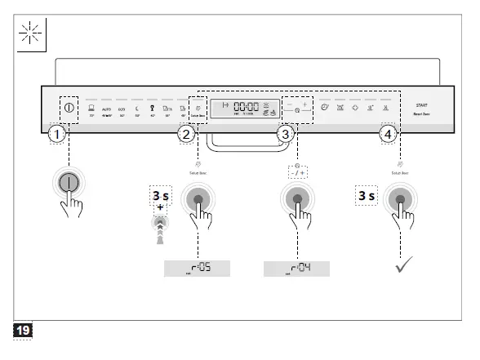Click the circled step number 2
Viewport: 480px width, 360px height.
point(186,134)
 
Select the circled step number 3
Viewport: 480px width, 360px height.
point(285,133)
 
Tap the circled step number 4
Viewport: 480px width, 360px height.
point(388,133)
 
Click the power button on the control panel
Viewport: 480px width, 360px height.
point(69,107)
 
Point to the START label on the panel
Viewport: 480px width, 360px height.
point(421,105)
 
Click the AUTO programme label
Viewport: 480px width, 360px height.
point(106,108)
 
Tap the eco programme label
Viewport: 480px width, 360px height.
point(121,108)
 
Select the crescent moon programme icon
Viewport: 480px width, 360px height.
point(136,107)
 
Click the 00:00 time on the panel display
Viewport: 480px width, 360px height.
point(247,106)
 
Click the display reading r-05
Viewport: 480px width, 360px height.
point(197,268)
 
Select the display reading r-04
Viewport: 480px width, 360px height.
point(296,268)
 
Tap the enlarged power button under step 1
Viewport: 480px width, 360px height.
point(70,183)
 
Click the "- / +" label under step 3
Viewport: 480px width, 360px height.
point(297,172)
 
